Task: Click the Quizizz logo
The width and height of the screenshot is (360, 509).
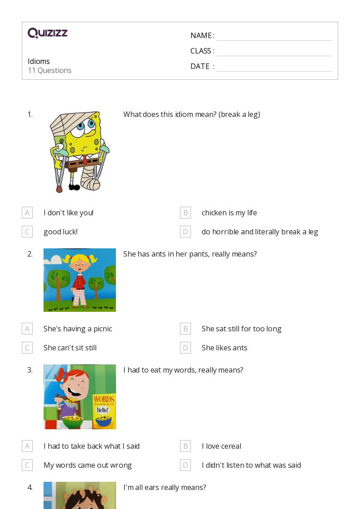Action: (48, 33)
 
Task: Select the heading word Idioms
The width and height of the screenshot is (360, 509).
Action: (39, 61)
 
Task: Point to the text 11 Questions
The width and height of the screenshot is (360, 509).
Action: (49, 70)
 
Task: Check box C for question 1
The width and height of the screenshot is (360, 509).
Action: (27, 232)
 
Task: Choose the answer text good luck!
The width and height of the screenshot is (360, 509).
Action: (60, 232)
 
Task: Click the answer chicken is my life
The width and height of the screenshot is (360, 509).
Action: (229, 213)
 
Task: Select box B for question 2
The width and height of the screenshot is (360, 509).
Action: (185, 329)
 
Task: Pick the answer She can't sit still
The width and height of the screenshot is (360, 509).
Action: (70, 348)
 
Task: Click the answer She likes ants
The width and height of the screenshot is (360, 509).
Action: (224, 348)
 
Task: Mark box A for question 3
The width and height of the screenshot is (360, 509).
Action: (27, 446)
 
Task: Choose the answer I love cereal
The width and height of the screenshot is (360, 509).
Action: (221, 446)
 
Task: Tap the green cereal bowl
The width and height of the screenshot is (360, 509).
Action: (73, 422)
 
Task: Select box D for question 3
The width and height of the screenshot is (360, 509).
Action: (185, 465)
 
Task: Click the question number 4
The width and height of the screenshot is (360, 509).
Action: (30, 487)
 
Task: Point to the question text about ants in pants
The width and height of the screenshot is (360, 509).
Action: (190, 254)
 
